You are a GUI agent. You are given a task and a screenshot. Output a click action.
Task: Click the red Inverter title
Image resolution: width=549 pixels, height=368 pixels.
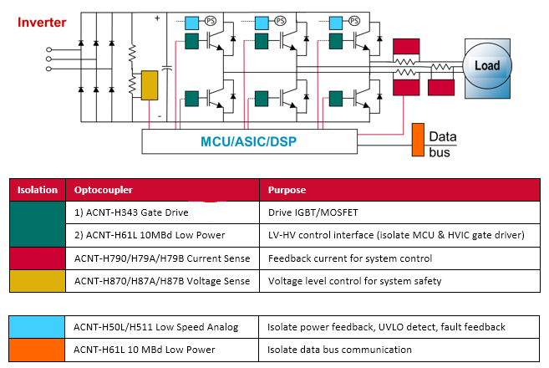[x=37, y=22]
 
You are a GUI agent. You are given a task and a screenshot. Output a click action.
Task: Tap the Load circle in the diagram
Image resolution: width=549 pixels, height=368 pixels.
[x=486, y=65]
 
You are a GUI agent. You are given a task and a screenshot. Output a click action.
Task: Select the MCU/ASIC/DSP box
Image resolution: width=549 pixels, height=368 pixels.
[x=249, y=141]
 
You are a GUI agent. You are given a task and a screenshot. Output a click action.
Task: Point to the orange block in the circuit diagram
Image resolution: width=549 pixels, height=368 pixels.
[x=418, y=141]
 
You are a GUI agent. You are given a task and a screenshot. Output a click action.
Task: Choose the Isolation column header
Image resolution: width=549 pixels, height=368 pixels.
[x=38, y=190]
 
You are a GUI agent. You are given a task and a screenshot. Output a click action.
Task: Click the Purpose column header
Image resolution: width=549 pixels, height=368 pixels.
[x=287, y=190]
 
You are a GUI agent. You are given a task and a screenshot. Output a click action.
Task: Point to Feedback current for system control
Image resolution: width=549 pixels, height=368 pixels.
[x=349, y=258]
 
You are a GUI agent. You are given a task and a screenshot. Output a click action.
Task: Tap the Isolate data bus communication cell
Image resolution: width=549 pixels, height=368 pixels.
[x=338, y=349]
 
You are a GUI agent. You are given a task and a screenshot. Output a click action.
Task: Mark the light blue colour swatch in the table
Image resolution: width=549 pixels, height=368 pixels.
[x=38, y=325]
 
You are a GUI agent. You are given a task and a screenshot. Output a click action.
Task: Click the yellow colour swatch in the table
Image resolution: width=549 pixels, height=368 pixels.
[x=38, y=282]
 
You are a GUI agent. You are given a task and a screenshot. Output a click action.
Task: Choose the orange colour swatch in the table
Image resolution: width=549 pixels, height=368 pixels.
[x=38, y=349]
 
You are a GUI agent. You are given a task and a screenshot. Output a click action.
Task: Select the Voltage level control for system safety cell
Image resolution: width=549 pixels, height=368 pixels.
[x=355, y=282]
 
